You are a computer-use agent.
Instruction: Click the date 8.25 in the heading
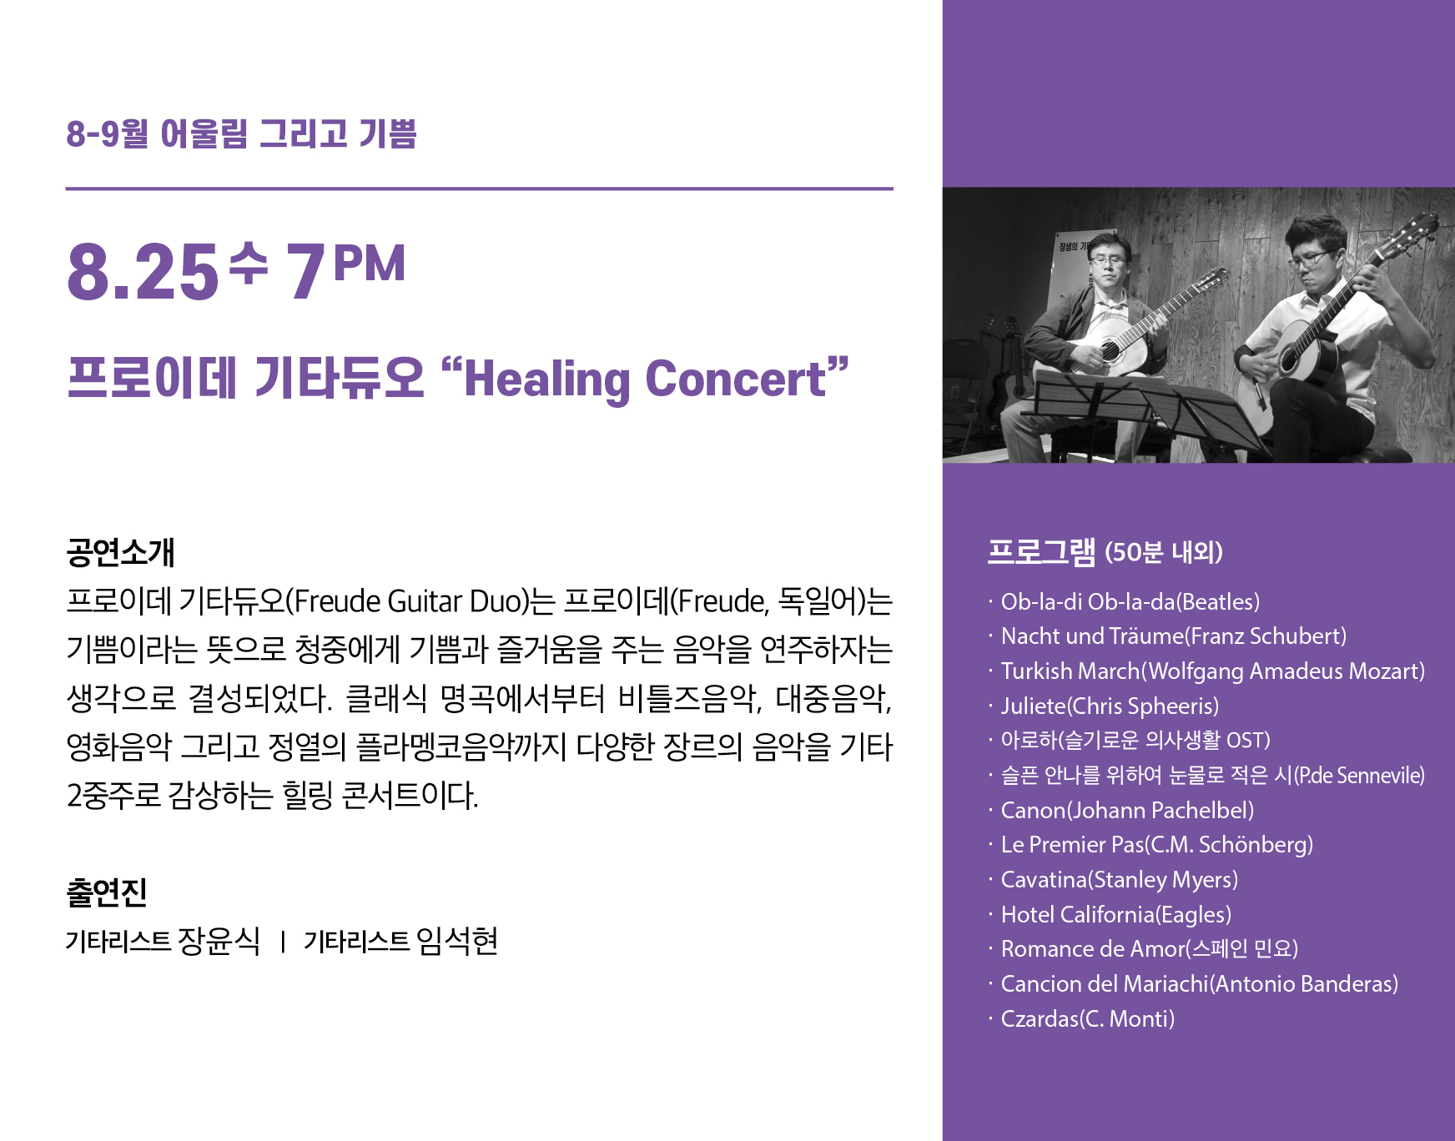[143, 271]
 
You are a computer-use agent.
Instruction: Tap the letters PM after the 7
[369, 264]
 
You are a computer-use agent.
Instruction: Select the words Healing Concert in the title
[645, 379]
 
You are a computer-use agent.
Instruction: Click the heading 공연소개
[120, 552]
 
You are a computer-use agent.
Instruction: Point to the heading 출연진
[107, 892]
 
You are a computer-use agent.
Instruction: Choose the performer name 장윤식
[219, 941]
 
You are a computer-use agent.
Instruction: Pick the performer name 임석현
[457, 941]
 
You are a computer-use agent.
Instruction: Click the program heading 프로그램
[1041, 551]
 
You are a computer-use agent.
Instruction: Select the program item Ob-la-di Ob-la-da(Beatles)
[1130, 601]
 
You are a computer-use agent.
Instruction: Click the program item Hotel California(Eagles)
[1116, 914]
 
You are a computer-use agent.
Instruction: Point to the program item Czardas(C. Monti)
[1088, 1018]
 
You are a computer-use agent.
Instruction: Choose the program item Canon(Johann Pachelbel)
[1127, 810]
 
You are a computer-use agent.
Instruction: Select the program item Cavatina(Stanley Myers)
[1120, 879]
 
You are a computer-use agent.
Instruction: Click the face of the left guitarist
[1108, 264]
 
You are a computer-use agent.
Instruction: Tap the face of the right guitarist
[1313, 262]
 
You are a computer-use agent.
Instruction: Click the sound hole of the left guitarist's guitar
[1110, 351]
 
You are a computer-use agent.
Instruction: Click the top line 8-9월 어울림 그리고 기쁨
[241, 133]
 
